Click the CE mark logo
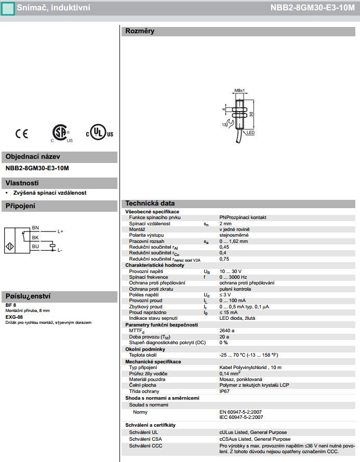22,133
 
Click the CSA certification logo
61,133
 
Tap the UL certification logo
99,133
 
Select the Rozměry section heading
140,31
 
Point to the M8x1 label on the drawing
239,90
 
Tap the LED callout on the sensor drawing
250,133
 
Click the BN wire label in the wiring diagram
35,228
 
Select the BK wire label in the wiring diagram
35,237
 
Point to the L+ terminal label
60,231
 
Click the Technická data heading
150,203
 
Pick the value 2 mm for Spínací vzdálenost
225,224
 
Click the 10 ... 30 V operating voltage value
230,271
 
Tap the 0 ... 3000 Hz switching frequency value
233,277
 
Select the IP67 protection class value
225,391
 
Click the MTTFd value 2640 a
227,330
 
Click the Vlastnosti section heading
22,183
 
